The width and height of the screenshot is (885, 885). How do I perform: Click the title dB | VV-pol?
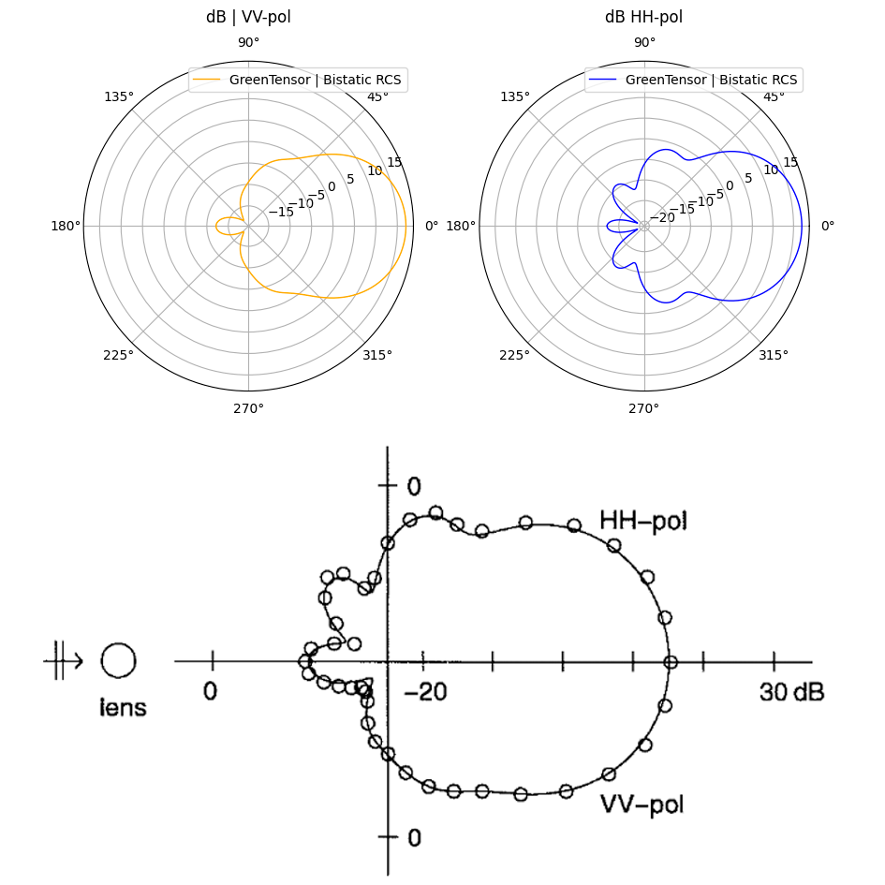[248, 17]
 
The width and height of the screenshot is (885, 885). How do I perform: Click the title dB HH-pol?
[643, 17]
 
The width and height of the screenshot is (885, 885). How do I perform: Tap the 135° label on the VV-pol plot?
[119, 97]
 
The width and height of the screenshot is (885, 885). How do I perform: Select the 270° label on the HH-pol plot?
[643, 408]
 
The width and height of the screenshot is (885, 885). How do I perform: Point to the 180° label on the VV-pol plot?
[66, 227]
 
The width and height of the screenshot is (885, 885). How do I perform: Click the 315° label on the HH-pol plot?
[774, 355]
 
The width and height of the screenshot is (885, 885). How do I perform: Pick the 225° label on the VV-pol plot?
[119, 355]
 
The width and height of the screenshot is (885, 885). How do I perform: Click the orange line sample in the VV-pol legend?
[207, 80]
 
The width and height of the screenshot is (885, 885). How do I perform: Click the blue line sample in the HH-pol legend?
[603, 80]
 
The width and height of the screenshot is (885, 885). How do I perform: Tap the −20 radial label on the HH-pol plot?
[662, 217]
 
